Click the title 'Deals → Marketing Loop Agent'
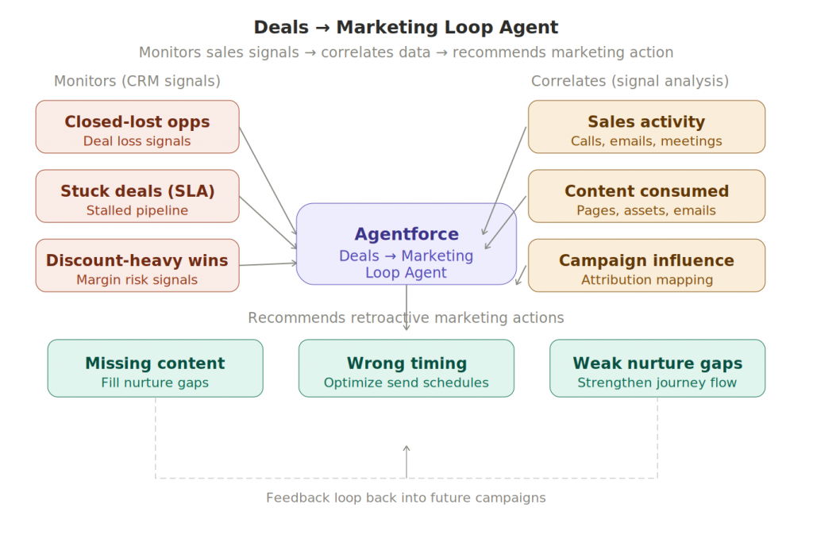click(406, 27)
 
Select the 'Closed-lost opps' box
click(137, 127)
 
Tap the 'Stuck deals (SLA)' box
click(137, 196)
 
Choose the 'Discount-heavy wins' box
click(137, 265)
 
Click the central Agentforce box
click(406, 244)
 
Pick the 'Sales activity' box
click(646, 127)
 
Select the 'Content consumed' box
click(646, 196)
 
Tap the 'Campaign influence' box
click(646, 265)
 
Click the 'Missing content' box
click(155, 368)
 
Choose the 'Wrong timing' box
click(406, 368)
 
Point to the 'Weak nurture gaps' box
click(657, 368)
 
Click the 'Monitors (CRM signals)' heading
click(137, 81)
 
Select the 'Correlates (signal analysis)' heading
click(630, 81)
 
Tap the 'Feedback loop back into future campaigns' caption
click(406, 498)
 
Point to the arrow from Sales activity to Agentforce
click(504, 181)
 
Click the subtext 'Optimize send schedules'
click(406, 383)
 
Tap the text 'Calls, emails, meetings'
click(646, 141)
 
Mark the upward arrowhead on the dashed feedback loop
click(406, 449)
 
